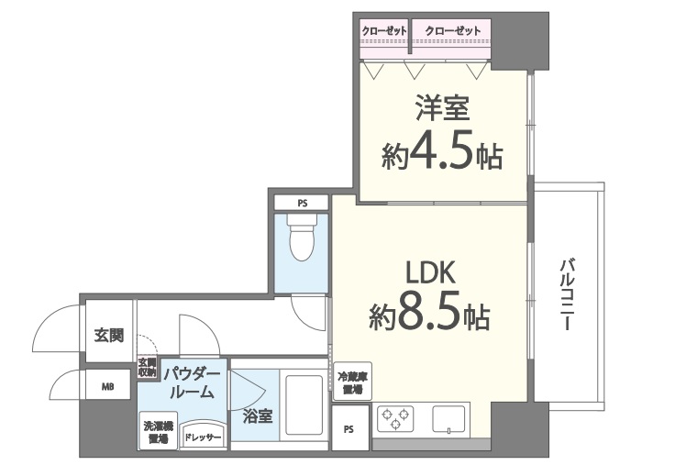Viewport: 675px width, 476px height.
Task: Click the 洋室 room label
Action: (445, 110)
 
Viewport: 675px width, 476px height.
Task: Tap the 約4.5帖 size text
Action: (442, 155)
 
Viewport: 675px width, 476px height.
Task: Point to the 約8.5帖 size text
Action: (429, 316)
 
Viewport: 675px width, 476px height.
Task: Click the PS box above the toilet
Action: (302, 203)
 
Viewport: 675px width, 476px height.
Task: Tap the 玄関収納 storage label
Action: (148, 368)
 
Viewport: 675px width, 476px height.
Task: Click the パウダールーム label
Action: (192, 382)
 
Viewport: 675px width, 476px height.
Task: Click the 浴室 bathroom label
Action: (258, 416)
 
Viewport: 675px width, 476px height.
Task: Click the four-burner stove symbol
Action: (395, 420)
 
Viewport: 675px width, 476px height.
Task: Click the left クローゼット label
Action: (384, 31)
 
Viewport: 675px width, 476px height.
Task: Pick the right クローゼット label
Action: (451, 31)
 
